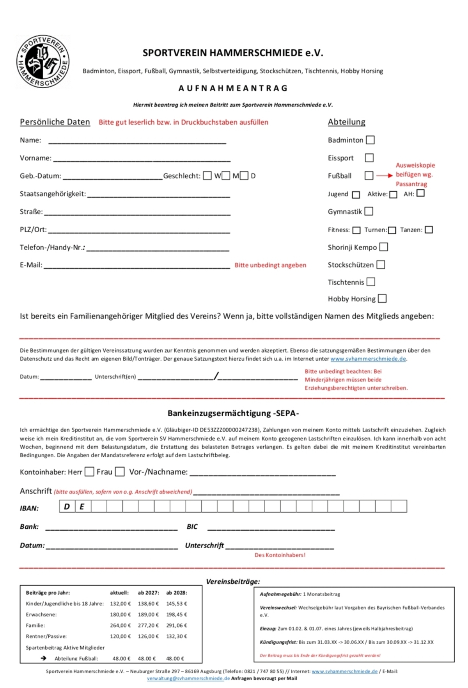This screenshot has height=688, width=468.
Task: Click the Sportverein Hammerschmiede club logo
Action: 43,62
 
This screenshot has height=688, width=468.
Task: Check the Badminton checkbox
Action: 370,140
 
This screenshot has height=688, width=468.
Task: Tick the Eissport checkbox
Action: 369,158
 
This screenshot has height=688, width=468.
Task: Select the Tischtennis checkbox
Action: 371,282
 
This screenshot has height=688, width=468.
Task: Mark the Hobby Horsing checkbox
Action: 383,299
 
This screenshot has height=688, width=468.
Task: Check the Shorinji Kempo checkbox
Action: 384,247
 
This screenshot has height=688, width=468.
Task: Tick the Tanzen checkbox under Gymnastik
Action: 429,230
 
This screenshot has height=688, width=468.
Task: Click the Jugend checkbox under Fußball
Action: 356,194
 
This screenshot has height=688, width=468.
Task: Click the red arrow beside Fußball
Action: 385,176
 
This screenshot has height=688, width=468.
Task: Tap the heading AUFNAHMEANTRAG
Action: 233,88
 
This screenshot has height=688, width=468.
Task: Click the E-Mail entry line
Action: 136,266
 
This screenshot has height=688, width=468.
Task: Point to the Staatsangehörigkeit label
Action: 53,194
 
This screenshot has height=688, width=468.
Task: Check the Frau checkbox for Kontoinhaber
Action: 120,472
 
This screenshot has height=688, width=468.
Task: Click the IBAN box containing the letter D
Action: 67,506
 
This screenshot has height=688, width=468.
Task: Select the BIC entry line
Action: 271,527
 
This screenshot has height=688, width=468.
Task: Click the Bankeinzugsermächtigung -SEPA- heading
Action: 233,413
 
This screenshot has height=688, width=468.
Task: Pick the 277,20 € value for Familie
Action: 148,625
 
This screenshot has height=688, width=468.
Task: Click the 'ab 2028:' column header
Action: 177,592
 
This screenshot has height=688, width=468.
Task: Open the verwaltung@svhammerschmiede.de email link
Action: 188,678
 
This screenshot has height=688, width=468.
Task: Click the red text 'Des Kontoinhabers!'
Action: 280,555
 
